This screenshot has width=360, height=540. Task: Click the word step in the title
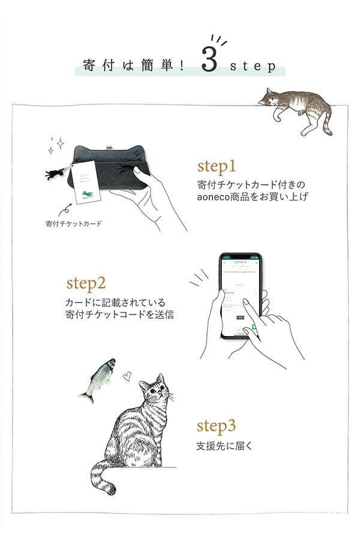[253, 66]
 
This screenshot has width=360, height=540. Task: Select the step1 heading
[217, 166]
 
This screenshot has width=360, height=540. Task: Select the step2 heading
[86, 282]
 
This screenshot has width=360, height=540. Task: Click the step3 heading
[217, 427]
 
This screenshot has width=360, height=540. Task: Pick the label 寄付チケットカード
[74, 224]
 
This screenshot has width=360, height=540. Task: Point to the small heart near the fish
[127, 377]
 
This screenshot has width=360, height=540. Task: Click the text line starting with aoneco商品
[252, 196]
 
